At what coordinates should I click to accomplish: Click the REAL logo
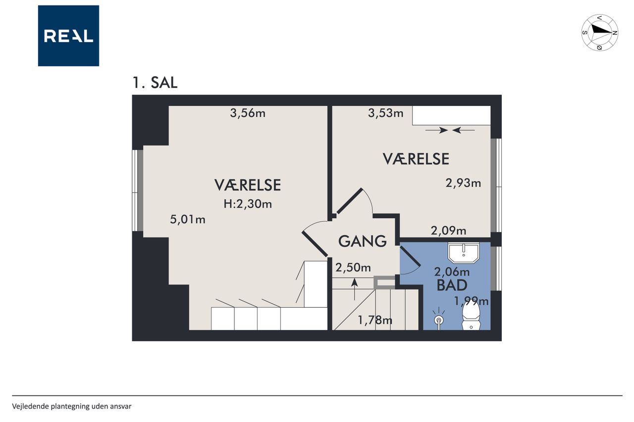(x=68, y=36)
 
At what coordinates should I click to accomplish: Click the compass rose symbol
(x=600, y=33)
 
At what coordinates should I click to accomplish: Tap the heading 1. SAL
(x=155, y=83)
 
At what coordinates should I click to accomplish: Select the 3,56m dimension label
(x=248, y=113)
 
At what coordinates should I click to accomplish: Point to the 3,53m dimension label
(x=385, y=113)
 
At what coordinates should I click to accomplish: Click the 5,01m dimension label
(x=188, y=219)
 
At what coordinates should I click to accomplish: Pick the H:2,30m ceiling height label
(x=248, y=204)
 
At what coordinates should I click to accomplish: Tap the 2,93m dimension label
(x=463, y=183)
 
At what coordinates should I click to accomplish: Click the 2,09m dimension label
(x=448, y=231)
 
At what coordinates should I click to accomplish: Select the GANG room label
(x=363, y=241)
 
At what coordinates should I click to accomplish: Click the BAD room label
(x=452, y=285)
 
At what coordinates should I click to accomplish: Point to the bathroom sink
(x=463, y=252)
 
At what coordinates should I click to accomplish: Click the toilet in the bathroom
(x=471, y=316)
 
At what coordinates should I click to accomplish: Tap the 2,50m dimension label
(x=353, y=268)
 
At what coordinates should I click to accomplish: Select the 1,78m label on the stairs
(x=375, y=320)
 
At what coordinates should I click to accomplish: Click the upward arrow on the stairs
(x=354, y=289)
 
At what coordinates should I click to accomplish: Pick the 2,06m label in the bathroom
(x=452, y=272)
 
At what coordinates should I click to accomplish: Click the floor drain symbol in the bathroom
(x=439, y=320)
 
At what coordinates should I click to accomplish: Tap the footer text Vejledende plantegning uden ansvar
(x=72, y=407)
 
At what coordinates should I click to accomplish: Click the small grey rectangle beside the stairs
(x=384, y=282)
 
